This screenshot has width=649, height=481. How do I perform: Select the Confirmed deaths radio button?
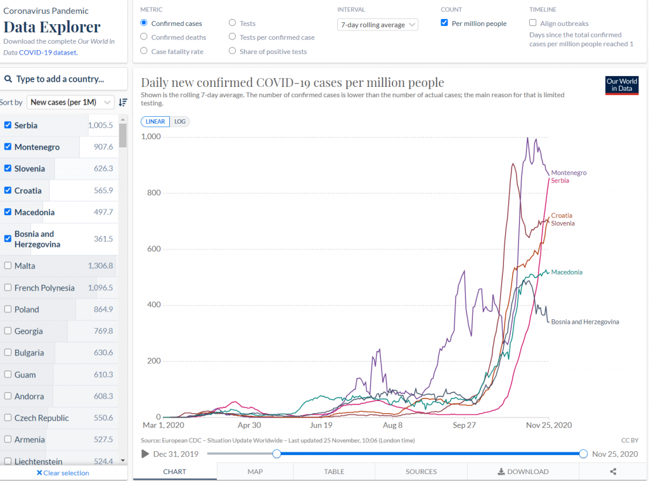[x=144, y=37]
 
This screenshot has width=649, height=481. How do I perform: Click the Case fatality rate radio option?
[x=144, y=51]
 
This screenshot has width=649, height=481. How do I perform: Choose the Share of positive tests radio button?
[x=233, y=51]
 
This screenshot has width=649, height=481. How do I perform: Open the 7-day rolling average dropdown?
[x=378, y=25]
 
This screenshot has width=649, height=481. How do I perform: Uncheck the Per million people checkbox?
[x=444, y=23]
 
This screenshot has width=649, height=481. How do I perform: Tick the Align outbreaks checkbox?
[x=533, y=23]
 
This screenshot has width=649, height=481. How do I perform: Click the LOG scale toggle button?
[x=179, y=121]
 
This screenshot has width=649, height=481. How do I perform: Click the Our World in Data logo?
[x=622, y=85]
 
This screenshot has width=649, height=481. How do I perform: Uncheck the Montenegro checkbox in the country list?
[x=8, y=147]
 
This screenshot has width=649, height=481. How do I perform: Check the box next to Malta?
[x=8, y=265]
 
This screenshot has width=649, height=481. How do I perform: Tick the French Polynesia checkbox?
[x=8, y=287]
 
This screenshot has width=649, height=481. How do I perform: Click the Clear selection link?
[x=63, y=473]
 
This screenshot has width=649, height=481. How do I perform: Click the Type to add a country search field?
[x=64, y=79]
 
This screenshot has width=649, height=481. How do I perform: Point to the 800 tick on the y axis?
[x=154, y=193]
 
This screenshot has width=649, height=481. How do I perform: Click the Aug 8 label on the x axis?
[x=392, y=425]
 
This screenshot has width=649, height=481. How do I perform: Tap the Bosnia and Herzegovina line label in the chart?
[x=585, y=322]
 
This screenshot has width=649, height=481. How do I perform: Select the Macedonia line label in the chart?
[x=567, y=272]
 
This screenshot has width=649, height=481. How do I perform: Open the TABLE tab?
[x=334, y=471]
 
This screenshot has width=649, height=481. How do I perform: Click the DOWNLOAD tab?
[x=523, y=471]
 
